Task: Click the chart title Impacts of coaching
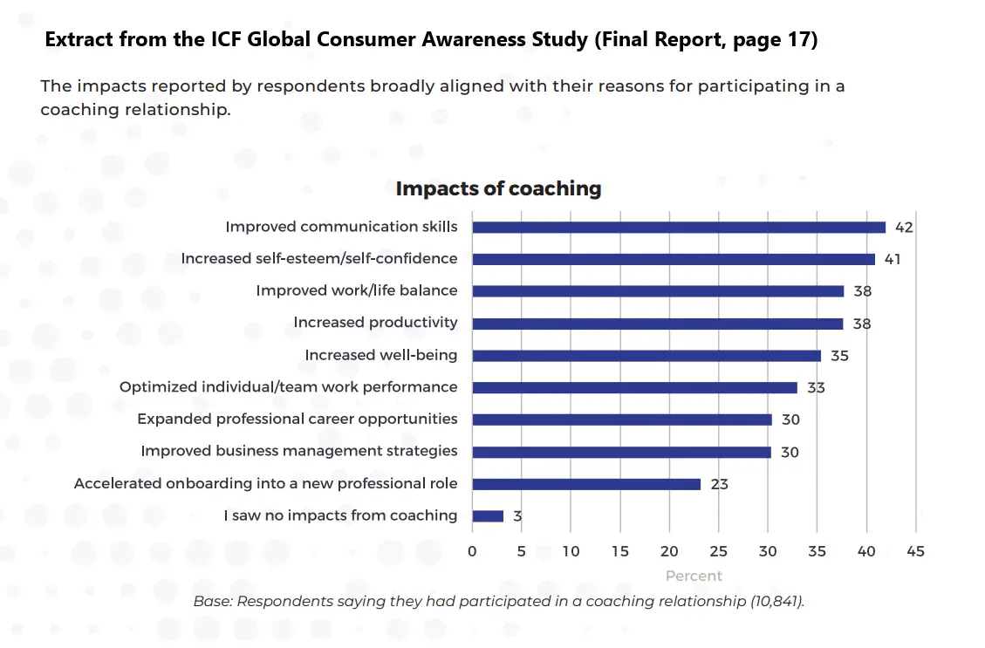click(x=498, y=188)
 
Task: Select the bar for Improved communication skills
click(x=679, y=227)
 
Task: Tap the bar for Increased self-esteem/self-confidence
click(x=674, y=259)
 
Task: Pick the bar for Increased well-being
click(x=646, y=356)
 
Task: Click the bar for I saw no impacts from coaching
click(x=488, y=515)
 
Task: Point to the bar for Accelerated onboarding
click(x=586, y=484)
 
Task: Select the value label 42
click(x=904, y=228)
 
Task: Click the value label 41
click(x=892, y=259)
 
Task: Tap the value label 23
click(x=719, y=484)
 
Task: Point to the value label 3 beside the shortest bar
click(x=517, y=516)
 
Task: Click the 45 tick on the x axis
click(x=916, y=551)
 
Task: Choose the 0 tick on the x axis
click(x=472, y=551)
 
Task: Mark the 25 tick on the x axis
click(x=719, y=551)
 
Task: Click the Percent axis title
click(x=694, y=576)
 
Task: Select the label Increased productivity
click(x=375, y=323)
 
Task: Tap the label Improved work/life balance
click(x=356, y=290)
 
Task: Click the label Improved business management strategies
click(x=299, y=451)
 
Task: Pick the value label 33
click(x=816, y=388)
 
